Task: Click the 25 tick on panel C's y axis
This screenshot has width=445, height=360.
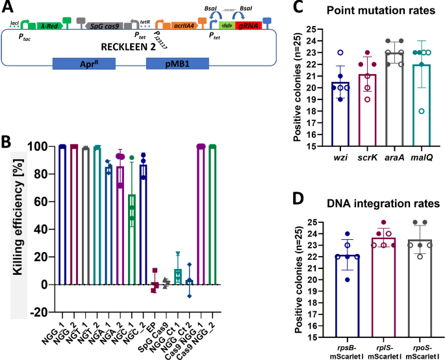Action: point(313,30)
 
